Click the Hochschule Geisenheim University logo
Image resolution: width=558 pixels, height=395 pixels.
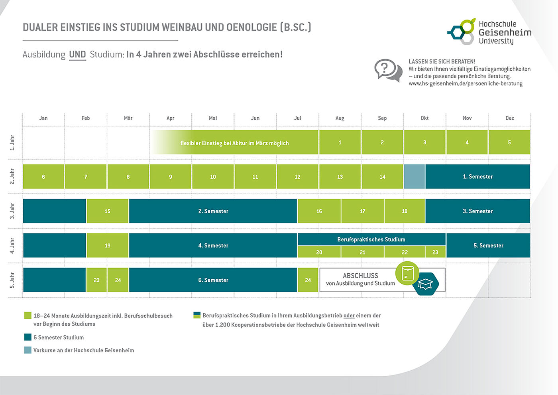pos(489,32)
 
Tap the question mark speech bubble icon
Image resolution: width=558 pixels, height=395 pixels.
pos(388,70)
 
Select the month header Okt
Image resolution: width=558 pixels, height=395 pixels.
pos(424,118)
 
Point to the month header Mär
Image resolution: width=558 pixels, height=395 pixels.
pos(128,118)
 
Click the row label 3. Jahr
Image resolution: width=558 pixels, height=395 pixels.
pos(12,211)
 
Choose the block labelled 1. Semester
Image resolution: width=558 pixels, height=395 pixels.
pos(477,177)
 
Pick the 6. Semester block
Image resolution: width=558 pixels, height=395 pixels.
pos(213,280)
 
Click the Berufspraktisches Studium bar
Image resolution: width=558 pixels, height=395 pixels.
pos(371,239)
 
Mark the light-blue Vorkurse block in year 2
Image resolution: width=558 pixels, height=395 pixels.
pos(415,177)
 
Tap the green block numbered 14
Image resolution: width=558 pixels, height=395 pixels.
pos(382,177)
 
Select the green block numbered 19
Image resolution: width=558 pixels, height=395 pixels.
pos(108,245)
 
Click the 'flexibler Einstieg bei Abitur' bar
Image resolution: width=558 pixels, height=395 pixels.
pos(234,143)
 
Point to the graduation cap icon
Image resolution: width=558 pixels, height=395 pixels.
pos(426,284)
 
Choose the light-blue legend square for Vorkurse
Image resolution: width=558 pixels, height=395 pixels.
pos(28,350)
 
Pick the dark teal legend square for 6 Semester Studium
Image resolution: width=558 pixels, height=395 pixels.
pos(28,337)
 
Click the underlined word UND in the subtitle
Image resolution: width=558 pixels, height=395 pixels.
pos(77,54)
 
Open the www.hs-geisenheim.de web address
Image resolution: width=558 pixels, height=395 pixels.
pos(465,83)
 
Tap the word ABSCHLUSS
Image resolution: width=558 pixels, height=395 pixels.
pos(360,276)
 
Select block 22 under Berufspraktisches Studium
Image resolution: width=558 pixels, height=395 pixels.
pos(405,252)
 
